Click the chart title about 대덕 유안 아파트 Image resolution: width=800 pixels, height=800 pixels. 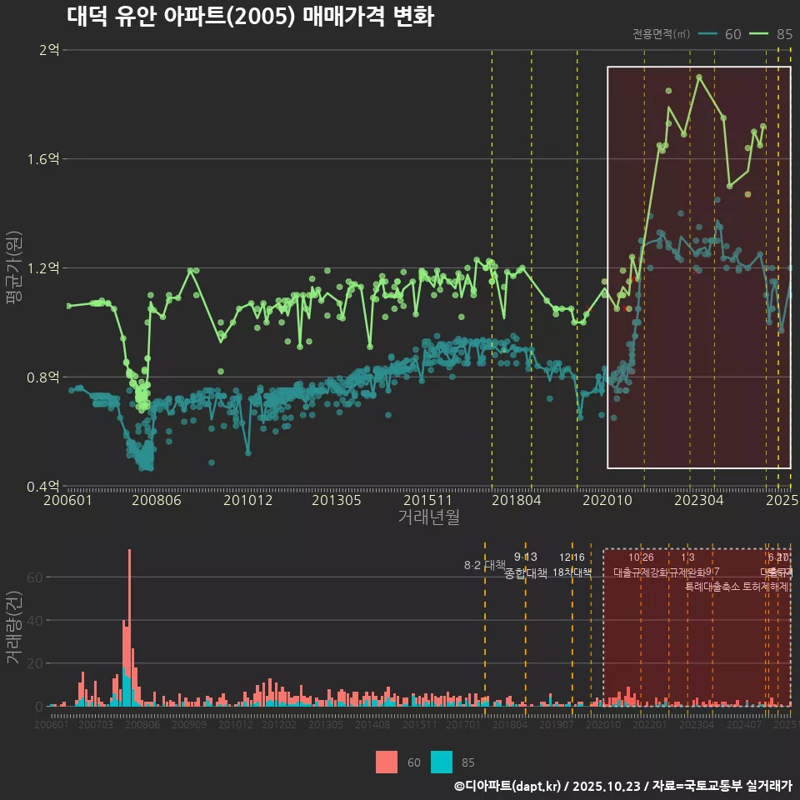pyautogui.click(x=250, y=16)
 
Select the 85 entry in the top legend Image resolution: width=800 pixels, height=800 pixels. pyautogui.click(x=783, y=34)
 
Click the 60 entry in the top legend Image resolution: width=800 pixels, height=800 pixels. pyautogui.click(x=732, y=34)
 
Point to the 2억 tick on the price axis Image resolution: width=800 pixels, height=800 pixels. pyautogui.click(x=49, y=50)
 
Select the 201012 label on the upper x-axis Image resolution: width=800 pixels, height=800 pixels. pyautogui.click(x=248, y=501)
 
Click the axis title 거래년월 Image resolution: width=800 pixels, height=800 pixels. pyautogui.click(x=428, y=517)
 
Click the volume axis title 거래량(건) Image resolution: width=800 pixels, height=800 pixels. pyautogui.click(x=13, y=629)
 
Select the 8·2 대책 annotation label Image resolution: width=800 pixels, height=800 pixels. pyautogui.click(x=484, y=565)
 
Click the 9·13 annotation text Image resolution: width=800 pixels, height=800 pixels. pyautogui.click(x=525, y=557)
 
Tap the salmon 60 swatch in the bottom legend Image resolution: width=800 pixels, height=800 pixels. pyautogui.click(x=387, y=762)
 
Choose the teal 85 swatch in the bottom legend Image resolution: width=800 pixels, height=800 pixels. pyautogui.click(x=442, y=762)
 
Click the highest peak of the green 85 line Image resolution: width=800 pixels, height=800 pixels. pyautogui.click(x=699, y=77)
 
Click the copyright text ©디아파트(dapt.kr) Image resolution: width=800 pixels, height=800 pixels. pyautogui.click(x=507, y=786)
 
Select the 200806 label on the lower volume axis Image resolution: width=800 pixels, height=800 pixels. pyautogui.click(x=142, y=725)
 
